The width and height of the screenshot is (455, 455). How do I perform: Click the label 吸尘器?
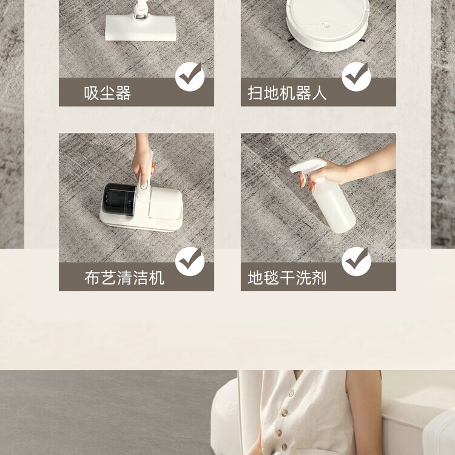tap(107, 93)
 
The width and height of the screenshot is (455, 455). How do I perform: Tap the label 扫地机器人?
tap(287, 93)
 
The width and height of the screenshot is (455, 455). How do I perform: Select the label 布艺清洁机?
tap(124, 278)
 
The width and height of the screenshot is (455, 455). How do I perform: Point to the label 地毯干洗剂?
tap(287, 278)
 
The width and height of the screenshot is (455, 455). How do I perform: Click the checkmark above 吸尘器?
tap(190, 76)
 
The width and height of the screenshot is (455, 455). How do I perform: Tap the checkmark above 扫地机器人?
tap(356, 76)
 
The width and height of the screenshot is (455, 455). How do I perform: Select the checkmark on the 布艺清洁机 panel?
tap(190, 261)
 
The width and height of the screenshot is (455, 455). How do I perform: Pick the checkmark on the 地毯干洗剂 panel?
tap(356, 261)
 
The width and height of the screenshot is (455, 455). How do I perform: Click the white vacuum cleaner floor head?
tap(141, 27)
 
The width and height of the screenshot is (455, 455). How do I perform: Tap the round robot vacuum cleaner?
tap(328, 25)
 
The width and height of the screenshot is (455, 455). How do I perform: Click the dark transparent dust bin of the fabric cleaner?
tap(119, 200)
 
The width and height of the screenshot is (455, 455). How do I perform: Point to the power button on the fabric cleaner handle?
tap(144, 184)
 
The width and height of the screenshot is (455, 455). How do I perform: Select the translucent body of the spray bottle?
tap(334, 206)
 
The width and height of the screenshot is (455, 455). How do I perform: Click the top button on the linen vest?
tap(291, 394)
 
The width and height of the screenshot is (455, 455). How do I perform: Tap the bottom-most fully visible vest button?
tap(285, 446)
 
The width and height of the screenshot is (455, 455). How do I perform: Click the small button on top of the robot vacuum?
tap(327, 25)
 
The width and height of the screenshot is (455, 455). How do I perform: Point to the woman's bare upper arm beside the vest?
tap(364, 412)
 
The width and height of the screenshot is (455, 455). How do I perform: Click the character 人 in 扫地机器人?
tap(320, 93)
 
